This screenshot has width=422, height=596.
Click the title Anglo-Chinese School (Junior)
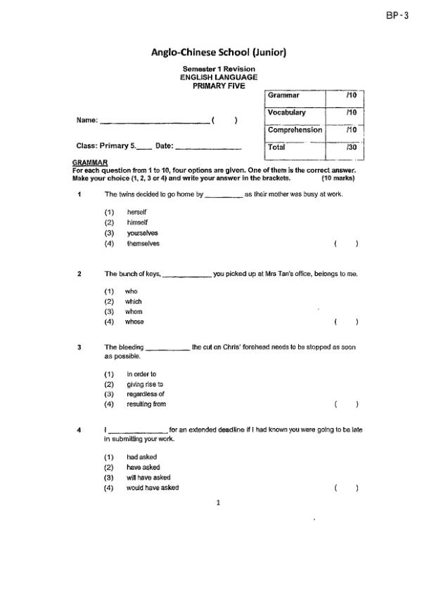coord(219,52)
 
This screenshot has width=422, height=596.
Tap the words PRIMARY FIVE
coord(219,85)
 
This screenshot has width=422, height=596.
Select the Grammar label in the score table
coord(283,95)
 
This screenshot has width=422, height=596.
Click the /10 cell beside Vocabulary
coord(352,112)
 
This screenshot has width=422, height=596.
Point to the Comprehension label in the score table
coord(295,130)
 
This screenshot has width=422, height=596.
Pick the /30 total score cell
coord(352,148)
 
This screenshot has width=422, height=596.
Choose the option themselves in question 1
coord(143,244)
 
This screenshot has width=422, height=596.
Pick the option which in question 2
coord(134,301)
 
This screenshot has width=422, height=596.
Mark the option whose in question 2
coord(134,322)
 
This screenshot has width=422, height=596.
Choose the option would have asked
coord(153,488)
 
